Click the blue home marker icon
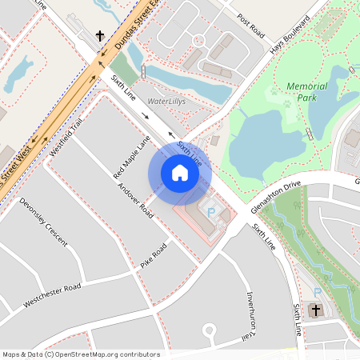(x=179, y=173)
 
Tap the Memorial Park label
(x=307, y=91)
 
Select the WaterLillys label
(x=166, y=102)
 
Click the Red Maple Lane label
(x=132, y=157)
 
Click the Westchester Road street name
(x=52, y=295)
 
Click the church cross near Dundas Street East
(x=100, y=36)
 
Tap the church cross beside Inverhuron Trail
(x=316, y=310)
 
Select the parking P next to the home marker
(x=211, y=212)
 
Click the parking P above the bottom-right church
(x=318, y=291)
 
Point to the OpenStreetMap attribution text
(x=81, y=354)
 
